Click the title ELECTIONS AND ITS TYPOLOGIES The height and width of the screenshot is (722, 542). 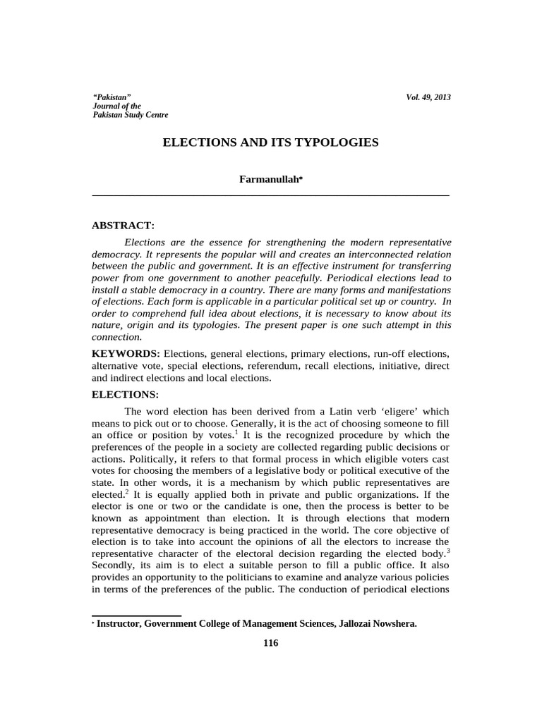(x=270, y=142)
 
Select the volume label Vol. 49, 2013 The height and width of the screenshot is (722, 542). (x=428, y=97)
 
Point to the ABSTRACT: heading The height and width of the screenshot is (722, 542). (x=123, y=226)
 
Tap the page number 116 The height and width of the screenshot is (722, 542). (x=271, y=643)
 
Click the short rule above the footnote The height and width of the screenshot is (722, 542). (x=137, y=616)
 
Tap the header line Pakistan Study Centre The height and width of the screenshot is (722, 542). (x=131, y=114)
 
